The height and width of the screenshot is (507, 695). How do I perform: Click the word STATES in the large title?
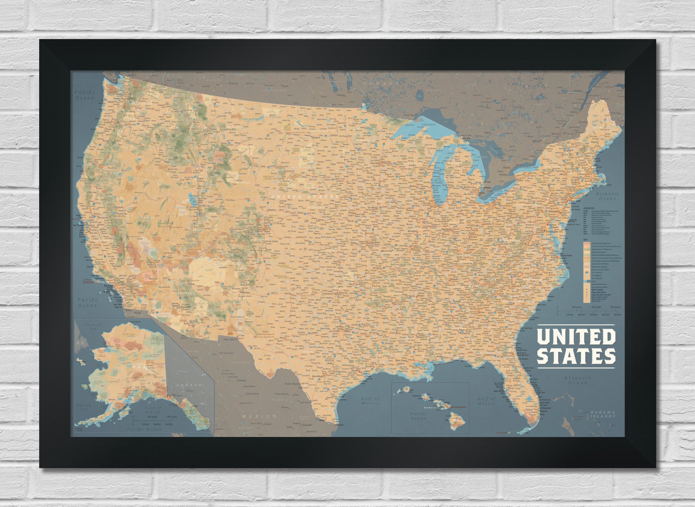point(576,356)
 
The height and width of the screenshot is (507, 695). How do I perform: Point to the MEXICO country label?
point(258,416)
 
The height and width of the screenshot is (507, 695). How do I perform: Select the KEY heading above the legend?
point(585,240)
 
